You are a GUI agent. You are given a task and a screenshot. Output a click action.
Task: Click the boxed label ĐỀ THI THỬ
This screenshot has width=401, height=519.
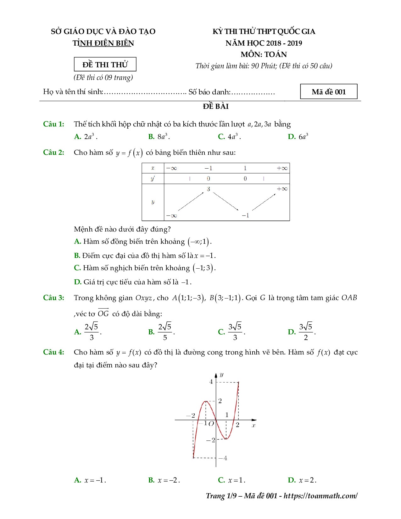click(x=105, y=64)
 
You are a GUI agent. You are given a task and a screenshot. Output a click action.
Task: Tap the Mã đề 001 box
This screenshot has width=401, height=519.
click(x=329, y=92)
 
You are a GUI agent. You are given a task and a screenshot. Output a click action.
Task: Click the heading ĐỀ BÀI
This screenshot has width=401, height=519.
click(x=216, y=106)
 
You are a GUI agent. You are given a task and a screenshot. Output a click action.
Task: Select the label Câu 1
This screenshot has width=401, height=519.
click(x=53, y=124)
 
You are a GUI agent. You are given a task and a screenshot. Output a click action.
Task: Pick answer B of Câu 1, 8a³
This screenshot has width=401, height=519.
click(x=159, y=137)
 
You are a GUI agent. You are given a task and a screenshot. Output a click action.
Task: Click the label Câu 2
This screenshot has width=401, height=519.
click(x=53, y=153)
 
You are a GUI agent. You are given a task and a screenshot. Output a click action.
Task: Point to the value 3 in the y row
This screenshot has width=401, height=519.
click(x=208, y=189)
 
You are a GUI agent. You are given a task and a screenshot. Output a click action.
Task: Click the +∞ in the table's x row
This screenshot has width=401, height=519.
click(x=282, y=168)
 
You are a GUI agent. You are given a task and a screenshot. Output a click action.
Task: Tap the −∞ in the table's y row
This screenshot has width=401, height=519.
click(x=171, y=216)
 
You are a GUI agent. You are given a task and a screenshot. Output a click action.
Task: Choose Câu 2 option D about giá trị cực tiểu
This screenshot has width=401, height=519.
click(x=133, y=282)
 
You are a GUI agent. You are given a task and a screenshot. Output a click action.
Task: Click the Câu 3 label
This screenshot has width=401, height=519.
click(x=53, y=298)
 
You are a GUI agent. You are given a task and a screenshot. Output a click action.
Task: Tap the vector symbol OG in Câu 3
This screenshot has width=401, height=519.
click(x=103, y=313)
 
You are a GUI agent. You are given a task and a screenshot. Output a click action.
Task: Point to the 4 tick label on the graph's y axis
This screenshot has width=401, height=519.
click(x=211, y=382)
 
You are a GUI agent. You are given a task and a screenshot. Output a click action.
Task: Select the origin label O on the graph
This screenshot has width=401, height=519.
click(x=211, y=424)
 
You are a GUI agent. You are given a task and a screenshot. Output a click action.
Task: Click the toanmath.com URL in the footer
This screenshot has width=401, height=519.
click(x=320, y=496)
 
